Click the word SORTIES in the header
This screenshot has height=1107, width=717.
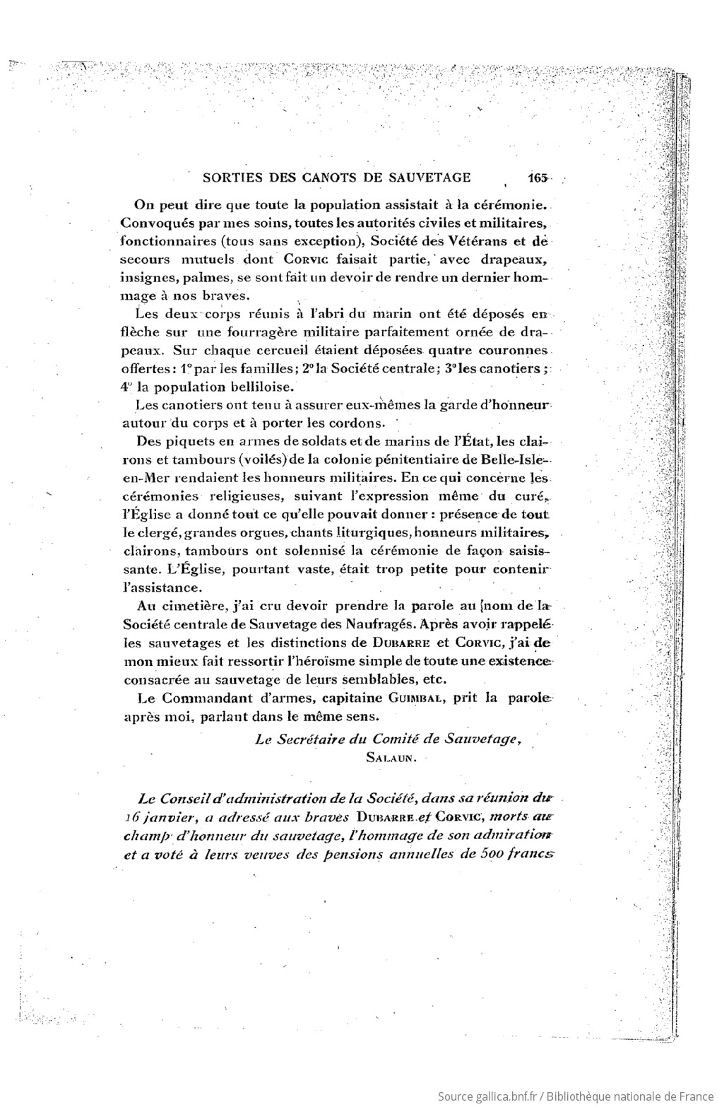coord(229,177)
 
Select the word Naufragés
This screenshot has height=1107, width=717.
coord(380,624)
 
